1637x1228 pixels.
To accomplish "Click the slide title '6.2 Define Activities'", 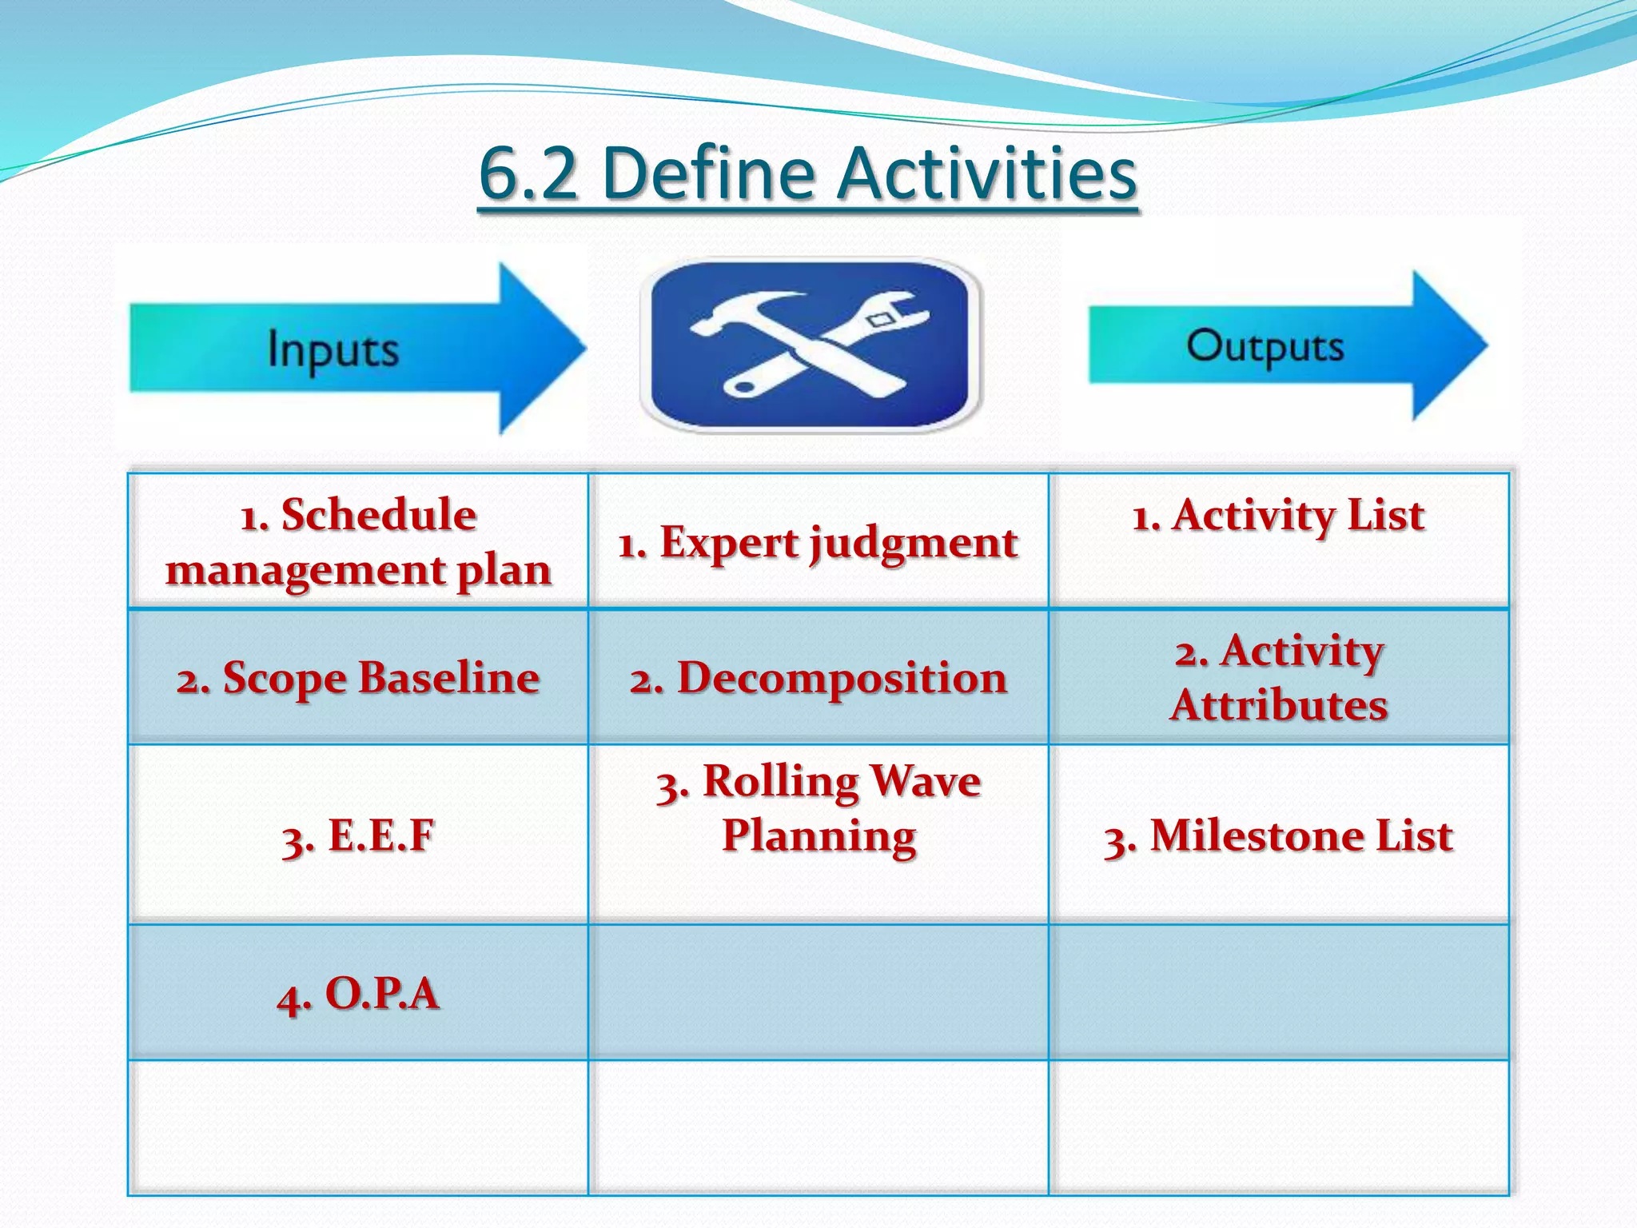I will click(807, 173).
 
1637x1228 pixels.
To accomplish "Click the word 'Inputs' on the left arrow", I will click(333, 349).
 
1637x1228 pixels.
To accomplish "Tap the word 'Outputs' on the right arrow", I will click(1265, 345).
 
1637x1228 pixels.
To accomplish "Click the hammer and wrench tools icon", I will click(810, 345).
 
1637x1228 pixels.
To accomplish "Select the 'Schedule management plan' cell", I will click(358, 541).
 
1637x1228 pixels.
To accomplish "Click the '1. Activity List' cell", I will click(1278, 515).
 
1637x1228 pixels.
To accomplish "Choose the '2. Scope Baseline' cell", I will click(358, 678).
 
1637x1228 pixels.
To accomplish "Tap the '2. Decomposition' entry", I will click(818, 678).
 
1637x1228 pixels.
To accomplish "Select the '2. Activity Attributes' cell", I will click(1278, 677).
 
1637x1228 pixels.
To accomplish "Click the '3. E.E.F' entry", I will click(358, 835).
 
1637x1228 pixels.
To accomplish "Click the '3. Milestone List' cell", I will click(1278, 835).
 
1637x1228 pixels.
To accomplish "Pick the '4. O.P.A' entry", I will click(358, 994).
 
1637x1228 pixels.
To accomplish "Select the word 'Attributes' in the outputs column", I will click(1278, 705).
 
